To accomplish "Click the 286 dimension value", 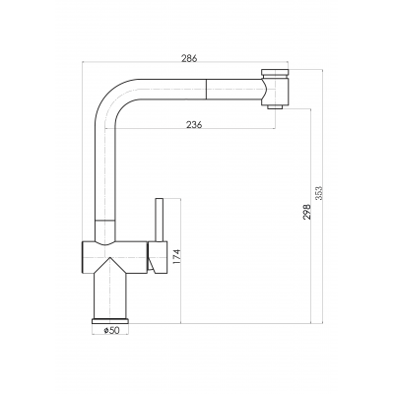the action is (189, 58).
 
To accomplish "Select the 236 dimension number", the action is (194, 125).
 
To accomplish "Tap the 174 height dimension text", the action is (176, 257).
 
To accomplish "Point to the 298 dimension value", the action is (307, 212).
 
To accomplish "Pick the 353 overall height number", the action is (319, 193).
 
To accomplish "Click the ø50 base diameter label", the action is (111, 331).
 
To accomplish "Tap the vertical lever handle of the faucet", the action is (160, 220).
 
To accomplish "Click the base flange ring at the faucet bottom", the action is (110, 321).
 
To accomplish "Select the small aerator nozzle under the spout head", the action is (275, 107).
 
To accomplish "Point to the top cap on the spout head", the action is (275, 72).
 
